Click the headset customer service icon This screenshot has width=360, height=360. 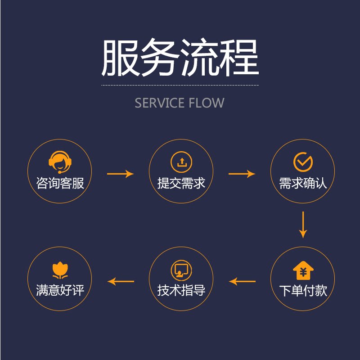(x=60, y=162)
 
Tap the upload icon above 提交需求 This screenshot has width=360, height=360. (x=181, y=162)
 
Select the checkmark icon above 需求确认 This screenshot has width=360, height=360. (x=303, y=162)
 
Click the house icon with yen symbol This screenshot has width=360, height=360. (x=303, y=270)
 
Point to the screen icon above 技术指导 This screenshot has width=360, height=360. (x=181, y=270)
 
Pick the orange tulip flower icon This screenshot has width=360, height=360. (x=60, y=270)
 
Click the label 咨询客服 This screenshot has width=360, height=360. (x=60, y=183)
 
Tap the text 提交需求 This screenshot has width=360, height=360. (x=181, y=183)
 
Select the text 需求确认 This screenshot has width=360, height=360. (x=303, y=183)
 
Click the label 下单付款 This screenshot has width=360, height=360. (x=303, y=291)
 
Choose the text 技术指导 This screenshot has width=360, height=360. (x=181, y=291)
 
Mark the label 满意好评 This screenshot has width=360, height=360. (x=60, y=291)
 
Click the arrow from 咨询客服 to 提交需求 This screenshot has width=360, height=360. (x=121, y=174)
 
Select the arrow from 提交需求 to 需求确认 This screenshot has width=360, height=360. (x=242, y=174)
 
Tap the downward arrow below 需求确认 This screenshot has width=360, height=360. (x=303, y=225)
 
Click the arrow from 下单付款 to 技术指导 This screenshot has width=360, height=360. (x=242, y=282)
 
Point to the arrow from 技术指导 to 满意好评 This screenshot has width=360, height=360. (x=121, y=282)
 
